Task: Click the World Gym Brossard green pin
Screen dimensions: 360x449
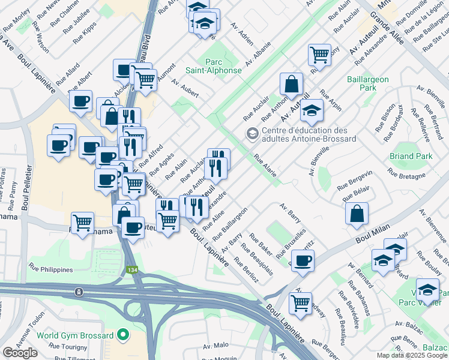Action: (x=124, y=334)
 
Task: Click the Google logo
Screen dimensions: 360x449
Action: (x=20, y=352)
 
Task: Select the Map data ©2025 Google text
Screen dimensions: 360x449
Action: (x=411, y=355)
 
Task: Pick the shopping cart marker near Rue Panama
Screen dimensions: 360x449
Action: (x=83, y=223)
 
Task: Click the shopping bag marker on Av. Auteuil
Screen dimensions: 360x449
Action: (x=291, y=85)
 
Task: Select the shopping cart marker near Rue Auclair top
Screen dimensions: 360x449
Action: (x=320, y=55)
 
